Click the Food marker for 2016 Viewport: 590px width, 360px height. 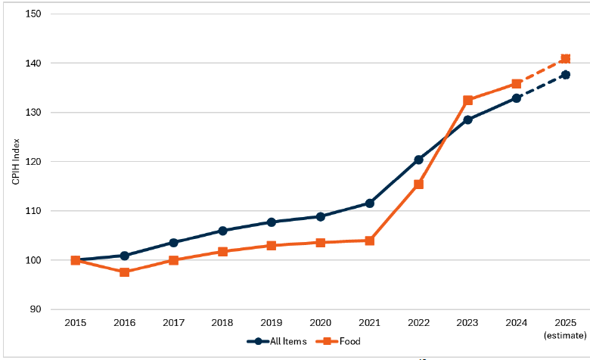(x=124, y=272)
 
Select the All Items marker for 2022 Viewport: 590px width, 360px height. (x=418, y=160)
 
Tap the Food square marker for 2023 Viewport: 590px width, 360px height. (x=467, y=101)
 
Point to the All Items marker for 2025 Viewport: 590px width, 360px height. (x=565, y=75)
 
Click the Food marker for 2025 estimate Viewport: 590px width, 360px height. (x=565, y=59)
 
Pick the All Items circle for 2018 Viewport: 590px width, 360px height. (x=222, y=231)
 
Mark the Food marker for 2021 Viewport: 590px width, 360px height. (x=369, y=241)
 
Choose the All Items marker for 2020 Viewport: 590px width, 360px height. (x=320, y=216)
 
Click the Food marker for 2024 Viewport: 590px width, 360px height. (x=517, y=84)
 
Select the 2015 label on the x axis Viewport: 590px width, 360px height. (x=75, y=323)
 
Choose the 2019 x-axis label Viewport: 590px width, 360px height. (x=271, y=323)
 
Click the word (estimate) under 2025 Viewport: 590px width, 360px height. (x=565, y=334)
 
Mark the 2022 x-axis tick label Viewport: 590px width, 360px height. (x=418, y=323)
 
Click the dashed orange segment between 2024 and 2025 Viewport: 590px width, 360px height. (x=541, y=72)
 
